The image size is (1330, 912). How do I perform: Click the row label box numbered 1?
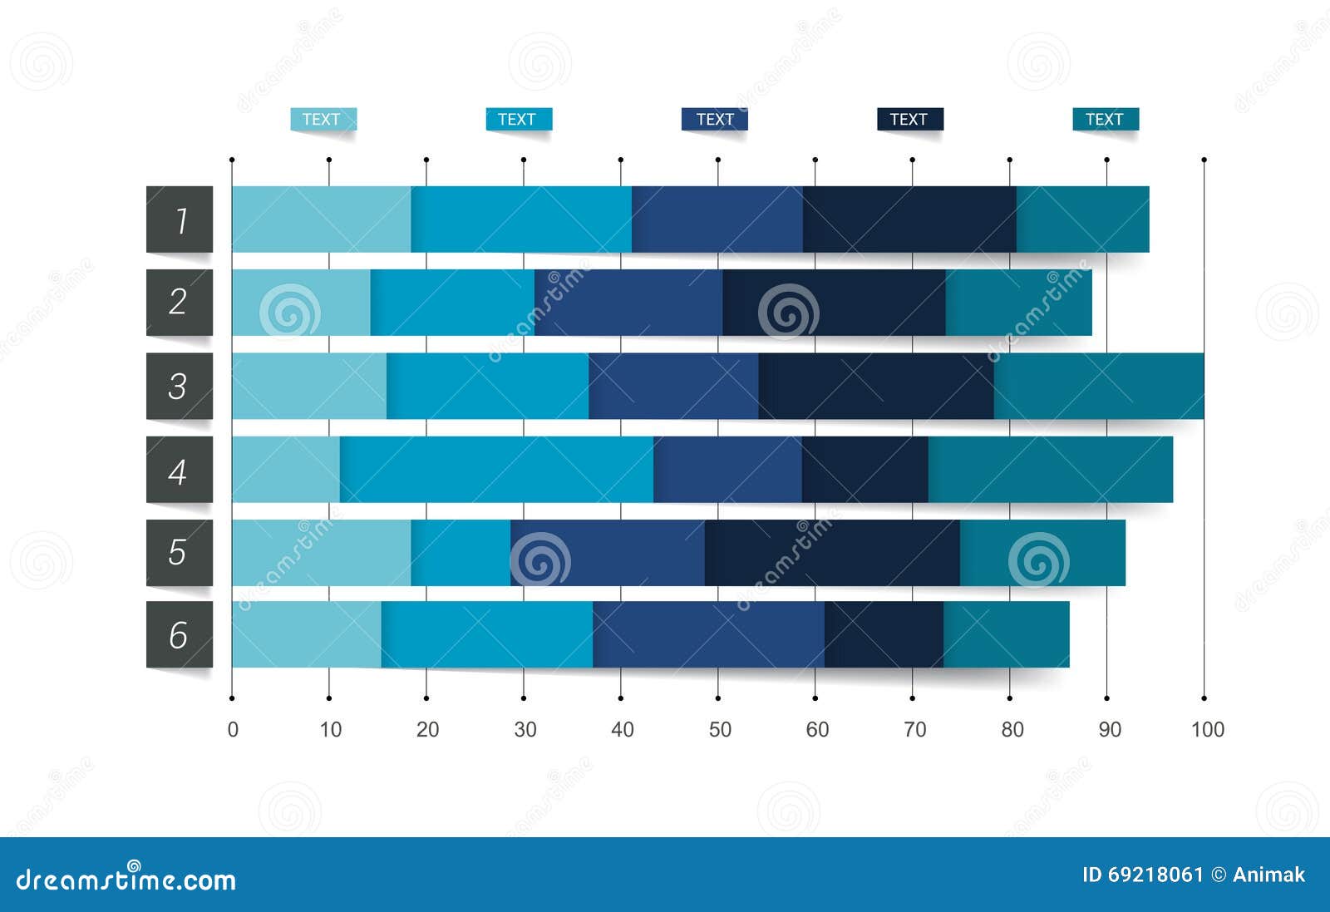tap(180, 219)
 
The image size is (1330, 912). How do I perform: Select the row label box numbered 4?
tap(180, 470)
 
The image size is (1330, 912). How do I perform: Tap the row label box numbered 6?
tap(180, 634)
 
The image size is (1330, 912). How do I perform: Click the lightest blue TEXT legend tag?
tap(323, 119)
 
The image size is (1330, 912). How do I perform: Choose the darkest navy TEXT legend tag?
tap(909, 119)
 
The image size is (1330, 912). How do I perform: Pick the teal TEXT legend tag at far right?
tap(1105, 119)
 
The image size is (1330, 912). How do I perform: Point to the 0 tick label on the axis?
tap(233, 729)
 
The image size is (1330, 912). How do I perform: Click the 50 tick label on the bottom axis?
tap(720, 729)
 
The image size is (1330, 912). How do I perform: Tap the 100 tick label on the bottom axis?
tap(1207, 729)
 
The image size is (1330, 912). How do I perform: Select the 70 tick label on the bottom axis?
tap(914, 729)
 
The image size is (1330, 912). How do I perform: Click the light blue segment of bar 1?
tap(321, 219)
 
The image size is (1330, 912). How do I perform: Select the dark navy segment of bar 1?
tap(909, 219)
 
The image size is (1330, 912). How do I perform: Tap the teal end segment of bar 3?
tap(1098, 386)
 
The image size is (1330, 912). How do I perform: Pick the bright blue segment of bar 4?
tap(496, 470)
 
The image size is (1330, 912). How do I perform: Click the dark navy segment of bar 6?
tap(884, 634)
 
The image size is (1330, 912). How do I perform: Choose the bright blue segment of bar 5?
tap(461, 553)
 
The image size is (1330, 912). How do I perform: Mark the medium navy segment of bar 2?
tap(628, 303)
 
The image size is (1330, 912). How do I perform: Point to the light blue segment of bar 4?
tap(286, 470)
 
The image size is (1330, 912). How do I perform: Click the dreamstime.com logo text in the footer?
tap(126, 879)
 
